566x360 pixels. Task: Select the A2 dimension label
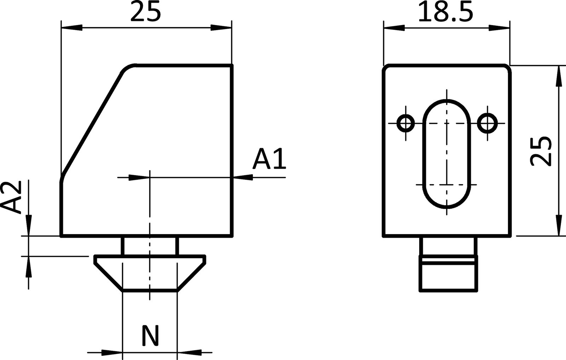click(14, 197)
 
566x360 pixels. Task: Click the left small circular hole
click(406, 123)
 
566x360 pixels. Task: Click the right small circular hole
click(487, 123)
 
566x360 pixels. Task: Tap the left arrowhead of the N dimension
click(111, 352)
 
